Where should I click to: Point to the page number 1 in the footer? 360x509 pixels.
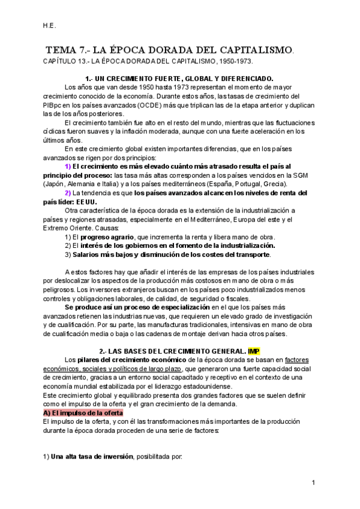(314, 483)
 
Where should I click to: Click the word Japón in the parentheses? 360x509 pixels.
(58, 184)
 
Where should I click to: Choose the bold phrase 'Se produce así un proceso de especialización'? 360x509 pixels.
(138, 307)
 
